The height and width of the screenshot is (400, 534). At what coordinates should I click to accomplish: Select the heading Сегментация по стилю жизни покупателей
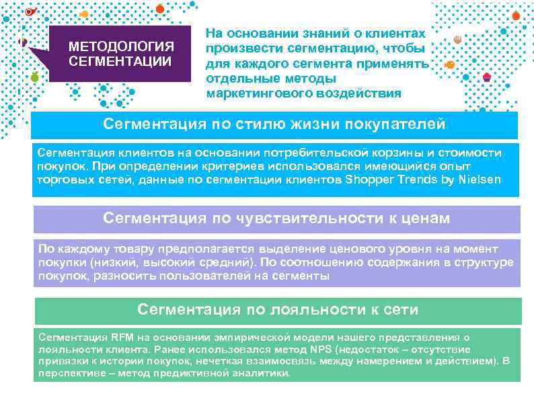pos(274,124)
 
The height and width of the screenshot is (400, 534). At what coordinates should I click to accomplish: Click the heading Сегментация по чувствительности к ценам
pos(276,218)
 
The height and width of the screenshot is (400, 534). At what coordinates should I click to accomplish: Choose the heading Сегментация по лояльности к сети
pos(277,309)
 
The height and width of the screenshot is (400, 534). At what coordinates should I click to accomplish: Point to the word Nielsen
pos(481,179)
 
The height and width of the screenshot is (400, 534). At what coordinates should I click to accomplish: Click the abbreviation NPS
pos(321,350)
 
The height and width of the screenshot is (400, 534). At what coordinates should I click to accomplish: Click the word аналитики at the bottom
pos(265,374)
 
